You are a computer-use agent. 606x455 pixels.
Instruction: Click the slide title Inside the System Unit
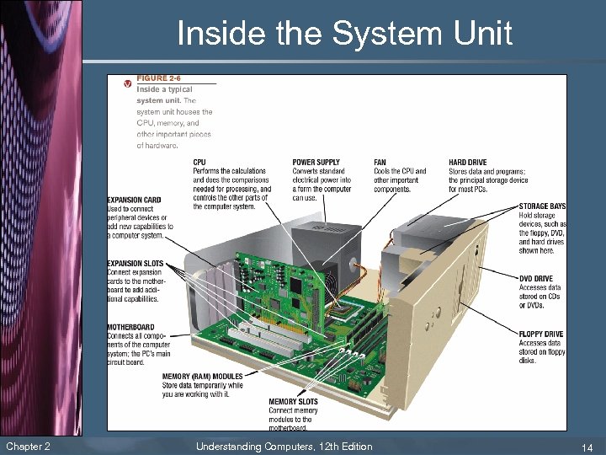(344, 35)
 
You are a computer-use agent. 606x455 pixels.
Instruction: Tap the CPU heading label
(199, 163)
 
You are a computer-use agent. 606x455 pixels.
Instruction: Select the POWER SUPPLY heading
(316, 163)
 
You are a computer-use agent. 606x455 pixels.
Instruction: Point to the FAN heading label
(380, 163)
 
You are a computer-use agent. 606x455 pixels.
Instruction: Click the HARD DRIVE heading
(467, 163)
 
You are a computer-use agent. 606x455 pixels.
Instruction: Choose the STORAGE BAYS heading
(542, 206)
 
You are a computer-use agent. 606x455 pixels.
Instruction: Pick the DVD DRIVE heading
(536, 279)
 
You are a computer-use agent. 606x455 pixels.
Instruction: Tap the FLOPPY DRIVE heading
(541, 335)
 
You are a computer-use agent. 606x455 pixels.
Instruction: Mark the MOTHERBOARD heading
(130, 328)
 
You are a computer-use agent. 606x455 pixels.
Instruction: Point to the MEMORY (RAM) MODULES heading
(202, 377)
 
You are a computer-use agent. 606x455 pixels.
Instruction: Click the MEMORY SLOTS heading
(293, 402)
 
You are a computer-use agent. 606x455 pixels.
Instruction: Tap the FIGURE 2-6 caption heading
(152, 79)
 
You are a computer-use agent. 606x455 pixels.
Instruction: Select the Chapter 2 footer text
(28, 447)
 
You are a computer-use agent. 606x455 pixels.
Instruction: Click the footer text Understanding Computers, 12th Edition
(284, 447)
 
